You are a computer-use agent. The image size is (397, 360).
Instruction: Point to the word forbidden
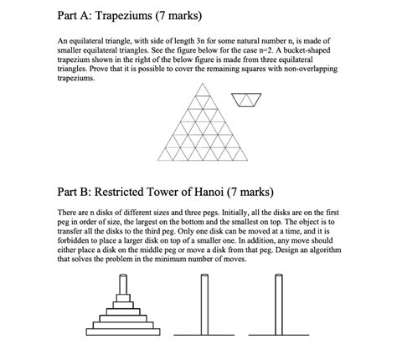75,241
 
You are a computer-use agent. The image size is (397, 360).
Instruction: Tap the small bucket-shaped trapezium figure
246,100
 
